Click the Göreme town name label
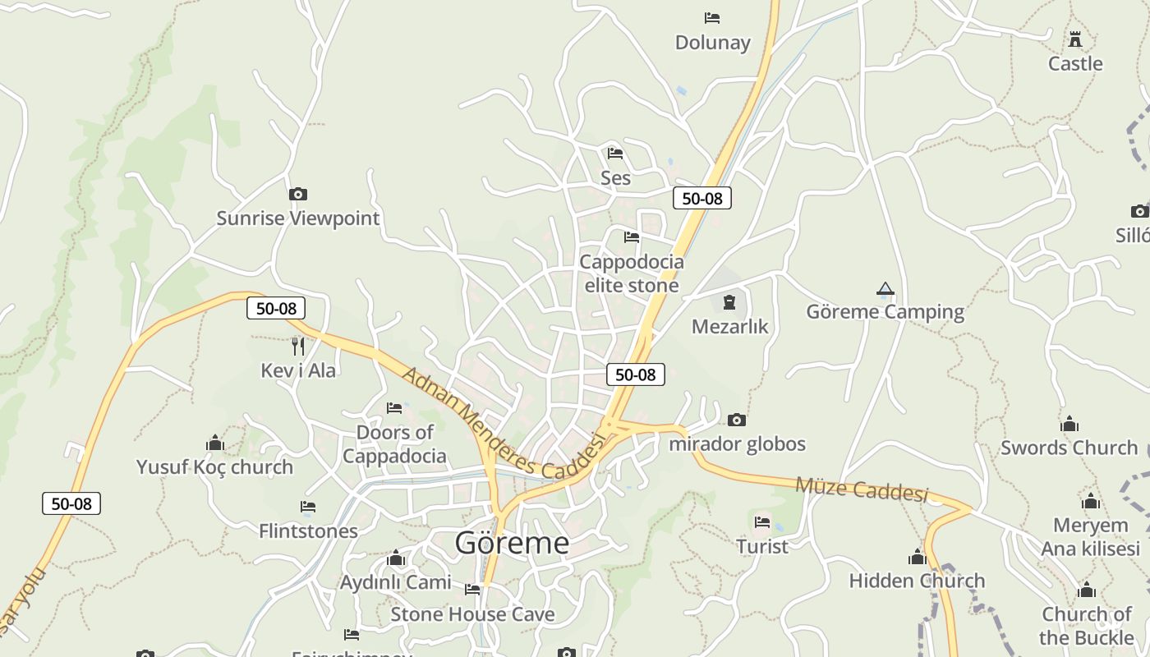(512, 543)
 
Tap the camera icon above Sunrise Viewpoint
(298, 195)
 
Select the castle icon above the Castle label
(1075, 39)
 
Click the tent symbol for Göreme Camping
(885, 288)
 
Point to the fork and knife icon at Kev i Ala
(298, 347)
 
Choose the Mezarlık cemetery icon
(729, 303)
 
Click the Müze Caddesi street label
(862, 489)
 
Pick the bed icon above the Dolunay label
(712, 18)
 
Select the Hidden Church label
(917, 581)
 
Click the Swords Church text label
(1069, 448)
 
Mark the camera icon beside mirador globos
(737, 420)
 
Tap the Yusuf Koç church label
(214, 466)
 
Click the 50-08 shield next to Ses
(701, 198)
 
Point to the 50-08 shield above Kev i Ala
(276, 309)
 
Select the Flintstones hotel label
(308, 531)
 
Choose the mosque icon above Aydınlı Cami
(396, 558)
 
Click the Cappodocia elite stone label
(631, 273)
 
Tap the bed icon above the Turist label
(762, 521)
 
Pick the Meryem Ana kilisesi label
(1091, 536)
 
